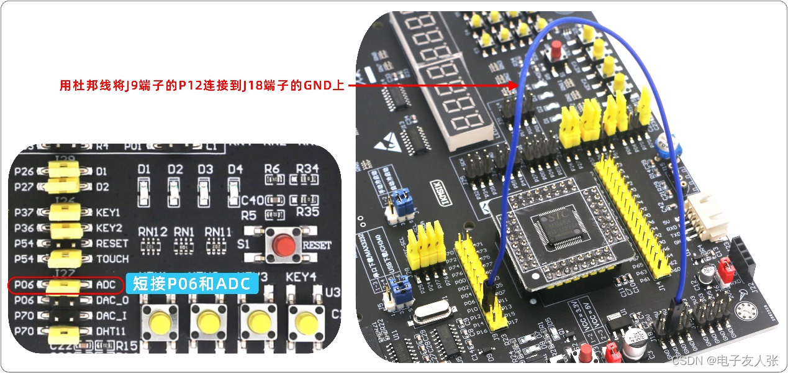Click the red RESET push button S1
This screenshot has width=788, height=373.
(x=284, y=246)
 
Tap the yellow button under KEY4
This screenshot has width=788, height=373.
(x=306, y=321)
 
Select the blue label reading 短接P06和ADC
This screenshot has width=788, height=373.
(x=191, y=284)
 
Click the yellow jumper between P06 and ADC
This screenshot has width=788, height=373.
(x=64, y=285)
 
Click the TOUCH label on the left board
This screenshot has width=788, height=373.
(x=112, y=259)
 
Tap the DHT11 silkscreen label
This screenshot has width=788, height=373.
(x=112, y=331)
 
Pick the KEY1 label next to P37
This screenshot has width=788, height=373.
(x=108, y=213)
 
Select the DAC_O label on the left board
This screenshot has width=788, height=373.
(x=112, y=301)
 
